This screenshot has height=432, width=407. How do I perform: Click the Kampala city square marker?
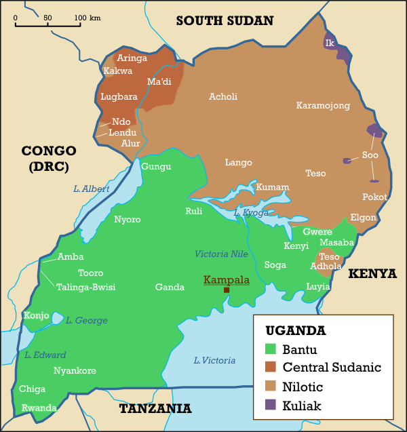(227, 290)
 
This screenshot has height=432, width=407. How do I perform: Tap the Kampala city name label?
(227, 279)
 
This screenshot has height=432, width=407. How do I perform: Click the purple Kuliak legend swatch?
(271, 406)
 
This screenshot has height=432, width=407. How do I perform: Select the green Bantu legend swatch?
(271, 350)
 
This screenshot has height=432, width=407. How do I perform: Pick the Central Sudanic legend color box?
(271, 368)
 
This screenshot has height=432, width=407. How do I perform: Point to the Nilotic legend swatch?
(271, 387)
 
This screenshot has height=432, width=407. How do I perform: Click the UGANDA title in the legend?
(295, 331)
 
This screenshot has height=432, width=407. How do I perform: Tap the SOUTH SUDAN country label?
(225, 20)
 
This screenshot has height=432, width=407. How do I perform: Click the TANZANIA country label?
(155, 408)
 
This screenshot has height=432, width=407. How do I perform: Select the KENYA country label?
(372, 273)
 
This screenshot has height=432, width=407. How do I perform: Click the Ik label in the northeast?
(330, 43)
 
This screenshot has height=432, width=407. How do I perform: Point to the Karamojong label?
(323, 105)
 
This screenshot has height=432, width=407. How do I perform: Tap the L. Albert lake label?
(91, 189)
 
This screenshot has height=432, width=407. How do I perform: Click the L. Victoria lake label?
(214, 360)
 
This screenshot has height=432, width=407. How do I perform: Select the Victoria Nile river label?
(222, 254)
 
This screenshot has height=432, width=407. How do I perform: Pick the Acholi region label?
(223, 96)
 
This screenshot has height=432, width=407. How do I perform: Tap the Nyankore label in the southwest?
(75, 370)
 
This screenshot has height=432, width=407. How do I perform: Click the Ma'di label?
(159, 82)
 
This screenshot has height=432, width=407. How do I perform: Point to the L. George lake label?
(87, 320)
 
